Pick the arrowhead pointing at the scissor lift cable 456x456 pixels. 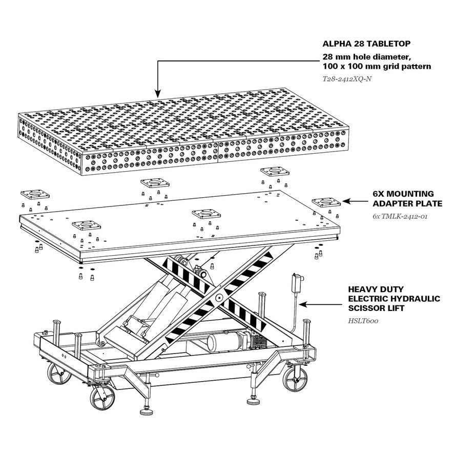pyautogui.click(x=302, y=304)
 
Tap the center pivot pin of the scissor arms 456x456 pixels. pyautogui.click(x=219, y=297)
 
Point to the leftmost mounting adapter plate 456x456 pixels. pyautogui.click(x=34, y=195)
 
